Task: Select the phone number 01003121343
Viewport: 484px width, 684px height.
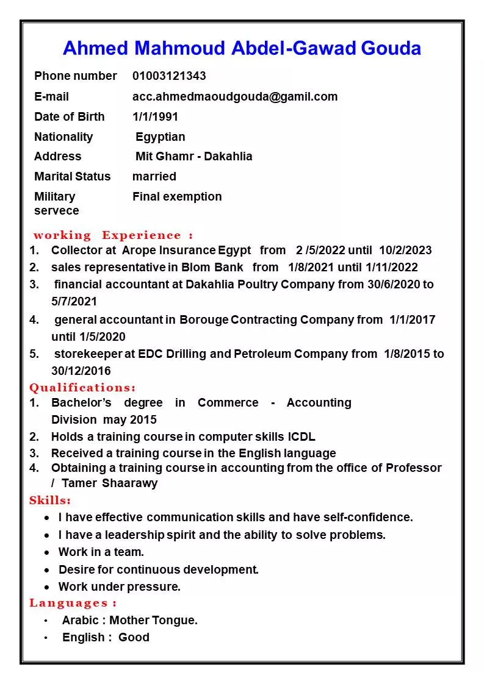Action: [x=169, y=76]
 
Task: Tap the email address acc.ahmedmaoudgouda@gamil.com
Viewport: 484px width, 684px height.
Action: [x=235, y=96]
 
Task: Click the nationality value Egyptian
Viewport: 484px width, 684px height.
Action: [x=161, y=137]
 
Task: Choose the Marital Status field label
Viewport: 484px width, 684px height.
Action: [x=73, y=176]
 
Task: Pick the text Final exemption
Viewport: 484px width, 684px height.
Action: [x=177, y=196]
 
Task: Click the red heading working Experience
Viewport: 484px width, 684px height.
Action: [x=113, y=235]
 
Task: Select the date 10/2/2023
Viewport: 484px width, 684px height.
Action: [x=405, y=250]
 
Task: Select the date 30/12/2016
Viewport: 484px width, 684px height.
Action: [x=81, y=371]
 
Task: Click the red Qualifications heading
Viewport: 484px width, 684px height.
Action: [x=82, y=388]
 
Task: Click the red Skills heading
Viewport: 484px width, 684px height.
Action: [x=50, y=501]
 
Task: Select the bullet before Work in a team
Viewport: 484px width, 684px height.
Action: [x=48, y=552]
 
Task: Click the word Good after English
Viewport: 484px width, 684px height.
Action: [x=134, y=637]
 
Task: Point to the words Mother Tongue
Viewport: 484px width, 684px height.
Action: [x=153, y=620]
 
